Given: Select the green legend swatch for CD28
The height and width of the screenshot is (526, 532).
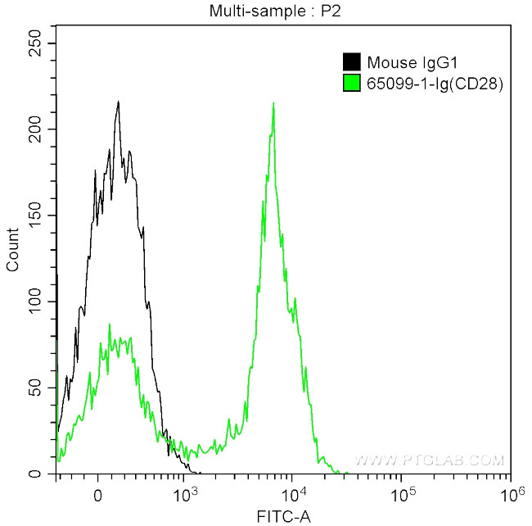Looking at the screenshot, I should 351,82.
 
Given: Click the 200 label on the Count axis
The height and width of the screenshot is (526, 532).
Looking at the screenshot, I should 35,129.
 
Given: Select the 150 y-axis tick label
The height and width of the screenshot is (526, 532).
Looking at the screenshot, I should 35,215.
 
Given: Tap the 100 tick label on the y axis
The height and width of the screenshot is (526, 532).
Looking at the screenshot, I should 35,302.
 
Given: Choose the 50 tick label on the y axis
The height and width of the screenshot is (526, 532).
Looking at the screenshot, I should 38,388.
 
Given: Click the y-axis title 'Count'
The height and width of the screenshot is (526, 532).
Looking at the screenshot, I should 12,254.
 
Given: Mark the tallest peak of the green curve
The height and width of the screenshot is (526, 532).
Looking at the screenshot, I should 273,103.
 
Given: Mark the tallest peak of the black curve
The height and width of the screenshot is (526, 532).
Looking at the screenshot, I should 119,102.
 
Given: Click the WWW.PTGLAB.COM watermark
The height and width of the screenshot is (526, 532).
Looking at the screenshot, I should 429,460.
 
